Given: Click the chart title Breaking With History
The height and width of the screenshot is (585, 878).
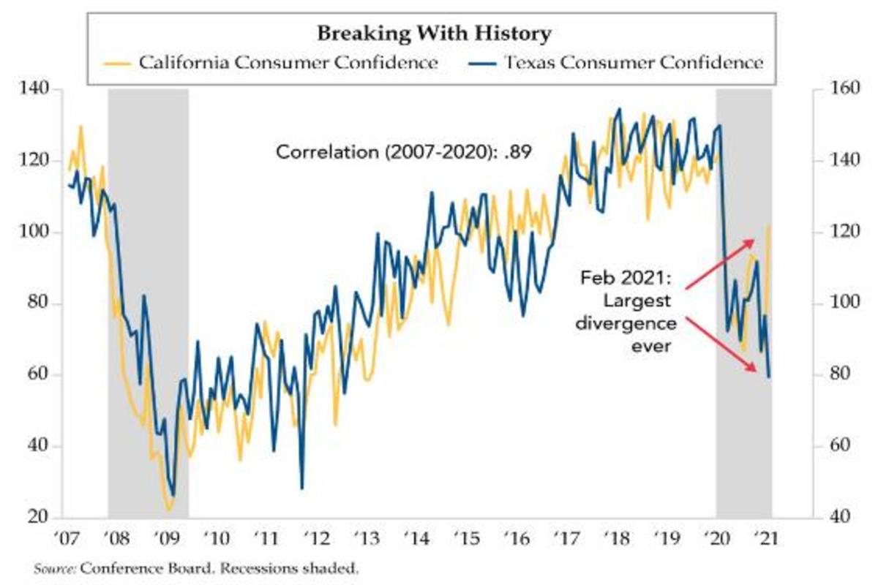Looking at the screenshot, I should tap(434, 33).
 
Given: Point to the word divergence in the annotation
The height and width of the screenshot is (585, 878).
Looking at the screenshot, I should tap(623, 324).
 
